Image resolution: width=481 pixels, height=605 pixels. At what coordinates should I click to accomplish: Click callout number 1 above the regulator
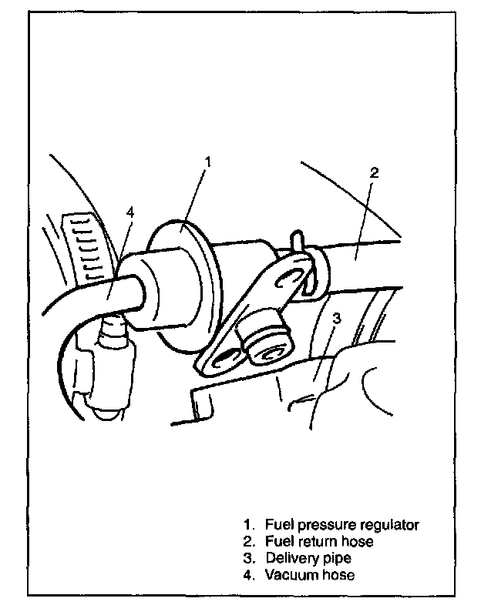(207, 162)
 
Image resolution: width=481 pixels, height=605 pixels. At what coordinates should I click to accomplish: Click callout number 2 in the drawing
(373, 172)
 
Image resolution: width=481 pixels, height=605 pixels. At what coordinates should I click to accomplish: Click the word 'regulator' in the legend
(390, 525)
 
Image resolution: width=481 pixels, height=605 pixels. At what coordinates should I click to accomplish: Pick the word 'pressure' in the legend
(326, 525)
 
